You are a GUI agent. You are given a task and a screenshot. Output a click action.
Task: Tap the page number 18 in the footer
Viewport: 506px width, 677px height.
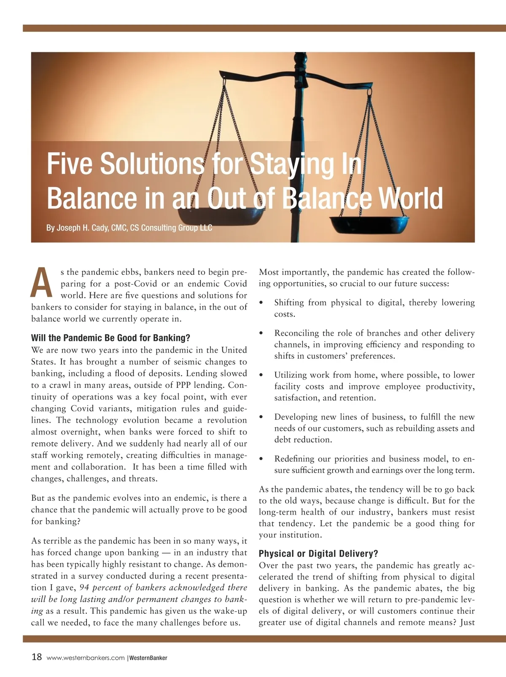(37, 657)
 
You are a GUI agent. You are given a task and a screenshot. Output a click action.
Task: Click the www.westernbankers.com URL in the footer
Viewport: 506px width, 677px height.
(86, 658)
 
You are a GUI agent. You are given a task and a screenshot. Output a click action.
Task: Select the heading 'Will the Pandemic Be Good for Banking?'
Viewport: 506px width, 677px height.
(110, 338)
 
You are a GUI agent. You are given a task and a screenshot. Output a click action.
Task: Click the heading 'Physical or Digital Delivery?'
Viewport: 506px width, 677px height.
(318, 553)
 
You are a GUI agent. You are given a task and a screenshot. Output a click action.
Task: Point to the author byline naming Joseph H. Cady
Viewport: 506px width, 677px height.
(129, 228)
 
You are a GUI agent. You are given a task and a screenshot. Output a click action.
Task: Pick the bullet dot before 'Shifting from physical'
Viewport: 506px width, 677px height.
(262, 303)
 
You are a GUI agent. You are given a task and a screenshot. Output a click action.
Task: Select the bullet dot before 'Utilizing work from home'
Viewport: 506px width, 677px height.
(262, 375)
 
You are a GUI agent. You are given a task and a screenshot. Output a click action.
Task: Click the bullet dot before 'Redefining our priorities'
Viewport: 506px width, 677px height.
(262, 459)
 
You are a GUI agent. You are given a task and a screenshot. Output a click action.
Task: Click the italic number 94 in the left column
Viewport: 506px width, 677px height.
(84, 588)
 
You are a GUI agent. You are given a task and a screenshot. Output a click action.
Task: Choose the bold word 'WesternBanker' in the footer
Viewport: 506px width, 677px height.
(148, 658)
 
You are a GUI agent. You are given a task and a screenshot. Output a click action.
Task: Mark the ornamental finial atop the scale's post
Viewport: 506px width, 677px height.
(300, 63)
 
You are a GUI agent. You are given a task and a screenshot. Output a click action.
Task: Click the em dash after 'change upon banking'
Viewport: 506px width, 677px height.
(166, 553)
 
